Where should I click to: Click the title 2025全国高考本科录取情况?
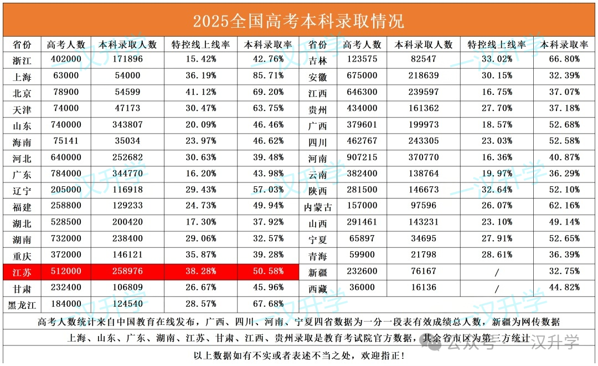pyautogui.click(x=298, y=21)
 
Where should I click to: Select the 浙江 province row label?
pyautogui.click(x=22, y=59)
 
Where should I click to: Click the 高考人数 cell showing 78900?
pyautogui.click(x=66, y=92)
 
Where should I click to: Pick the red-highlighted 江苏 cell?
pyautogui.click(x=22, y=272)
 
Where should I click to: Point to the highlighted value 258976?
pyautogui.click(x=127, y=272)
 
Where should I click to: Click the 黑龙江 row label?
pyautogui.click(x=22, y=304)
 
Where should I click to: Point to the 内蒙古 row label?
pyautogui.click(x=318, y=207)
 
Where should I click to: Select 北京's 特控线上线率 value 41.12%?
pyautogui.click(x=200, y=92)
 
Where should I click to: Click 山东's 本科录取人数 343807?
pyautogui.click(x=127, y=125)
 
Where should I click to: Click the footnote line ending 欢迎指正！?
pyautogui.click(x=298, y=355)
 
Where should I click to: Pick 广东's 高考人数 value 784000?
pyautogui.click(x=66, y=174)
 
